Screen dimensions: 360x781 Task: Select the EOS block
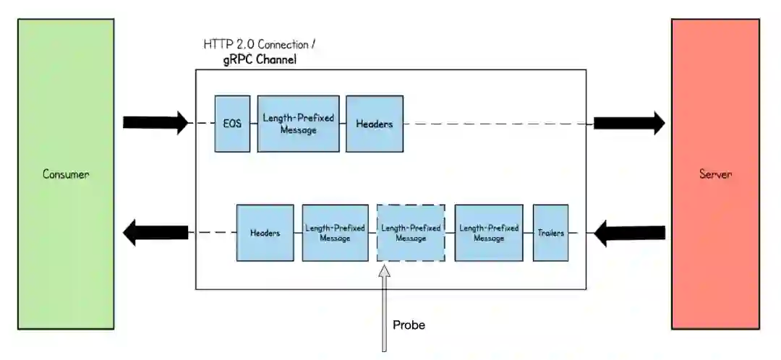click(x=232, y=124)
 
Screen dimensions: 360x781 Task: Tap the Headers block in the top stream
click(x=374, y=124)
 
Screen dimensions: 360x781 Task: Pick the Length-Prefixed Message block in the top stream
click(x=298, y=124)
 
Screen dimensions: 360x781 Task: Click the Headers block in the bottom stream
click(x=265, y=233)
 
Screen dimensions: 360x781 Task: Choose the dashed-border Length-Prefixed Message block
click(x=410, y=233)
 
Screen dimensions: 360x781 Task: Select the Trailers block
click(x=550, y=233)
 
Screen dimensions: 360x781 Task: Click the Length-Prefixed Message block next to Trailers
click(x=488, y=233)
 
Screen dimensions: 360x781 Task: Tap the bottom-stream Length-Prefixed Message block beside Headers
click(x=334, y=233)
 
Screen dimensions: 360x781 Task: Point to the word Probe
click(x=409, y=325)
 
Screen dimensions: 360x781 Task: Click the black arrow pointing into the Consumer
click(x=155, y=233)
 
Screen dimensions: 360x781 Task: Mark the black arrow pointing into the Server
click(x=629, y=123)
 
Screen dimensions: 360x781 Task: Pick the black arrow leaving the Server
click(x=629, y=233)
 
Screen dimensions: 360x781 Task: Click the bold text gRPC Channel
click(x=260, y=60)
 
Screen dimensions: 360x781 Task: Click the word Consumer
click(x=65, y=174)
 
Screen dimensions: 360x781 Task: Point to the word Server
click(x=714, y=174)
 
